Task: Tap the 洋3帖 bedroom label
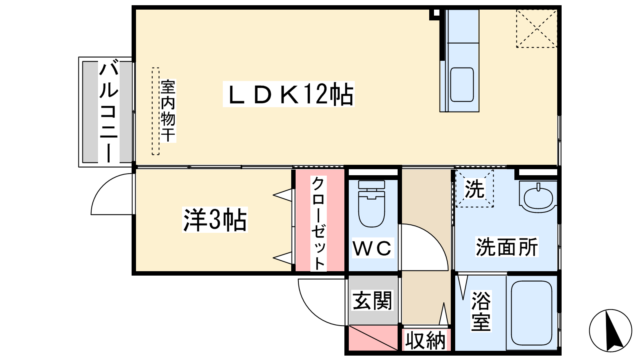tap(214, 220)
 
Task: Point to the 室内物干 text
tap(168, 111)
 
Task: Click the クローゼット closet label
tap(318, 224)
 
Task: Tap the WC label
tap(372, 248)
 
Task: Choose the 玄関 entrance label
tap(372, 300)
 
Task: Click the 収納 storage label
tap(426, 340)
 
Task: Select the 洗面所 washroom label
tap(506, 246)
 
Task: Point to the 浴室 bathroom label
tap(481, 311)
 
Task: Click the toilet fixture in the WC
tap(372, 204)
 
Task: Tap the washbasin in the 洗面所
tap(538, 197)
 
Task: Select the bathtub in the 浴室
tap(532, 313)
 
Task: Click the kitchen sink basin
tap(462, 84)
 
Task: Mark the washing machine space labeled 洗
tap(474, 188)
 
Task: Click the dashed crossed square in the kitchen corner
tap(537, 28)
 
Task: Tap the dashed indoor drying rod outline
tap(156, 111)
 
